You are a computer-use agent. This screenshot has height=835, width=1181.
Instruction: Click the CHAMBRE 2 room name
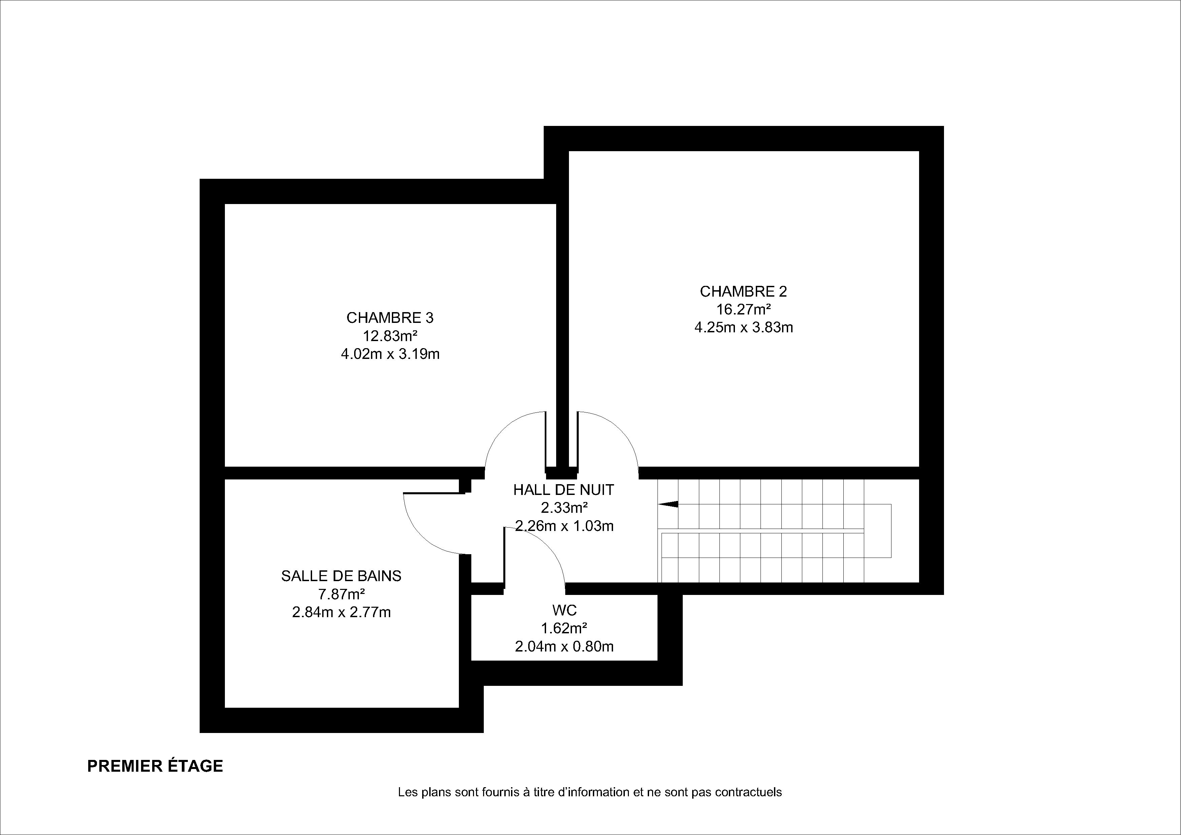(x=743, y=292)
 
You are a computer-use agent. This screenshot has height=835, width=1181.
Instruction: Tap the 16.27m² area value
(x=743, y=309)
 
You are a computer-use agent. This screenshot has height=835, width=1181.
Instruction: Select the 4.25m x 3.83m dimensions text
(x=743, y=327)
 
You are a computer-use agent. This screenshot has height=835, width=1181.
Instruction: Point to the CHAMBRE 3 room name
(x=390, y=318)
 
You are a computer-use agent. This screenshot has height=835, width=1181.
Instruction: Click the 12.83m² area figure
(x=390, y=336)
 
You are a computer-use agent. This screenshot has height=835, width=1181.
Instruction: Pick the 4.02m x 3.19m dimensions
(x=390, y=354)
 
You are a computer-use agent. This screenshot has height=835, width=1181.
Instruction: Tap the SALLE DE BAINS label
(x=341, y=576)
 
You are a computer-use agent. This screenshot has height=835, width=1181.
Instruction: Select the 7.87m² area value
(x=341, y=594)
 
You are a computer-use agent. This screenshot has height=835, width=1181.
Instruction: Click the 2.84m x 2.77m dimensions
(x=341, y=612)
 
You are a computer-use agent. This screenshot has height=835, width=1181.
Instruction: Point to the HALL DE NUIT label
(x=564, y=490)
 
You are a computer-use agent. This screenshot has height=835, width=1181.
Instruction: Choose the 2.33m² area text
(x=564, y=508)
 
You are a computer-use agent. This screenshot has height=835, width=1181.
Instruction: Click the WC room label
(x=564, y=610)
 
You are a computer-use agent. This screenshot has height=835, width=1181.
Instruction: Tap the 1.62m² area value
(x=564, y=628)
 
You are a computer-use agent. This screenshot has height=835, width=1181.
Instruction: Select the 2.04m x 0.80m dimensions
(x=564, y=646)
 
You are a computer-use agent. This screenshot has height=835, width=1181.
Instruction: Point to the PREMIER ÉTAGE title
(x=155, y=766)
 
